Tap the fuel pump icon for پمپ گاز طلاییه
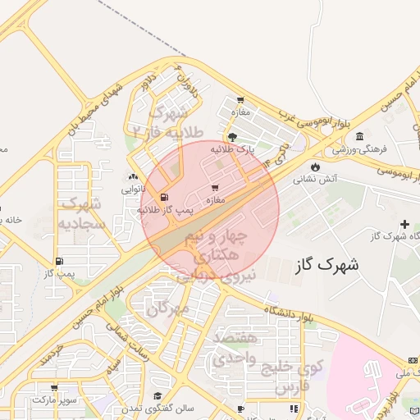point(165,197)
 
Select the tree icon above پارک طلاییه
point(234,137)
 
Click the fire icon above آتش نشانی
point(315,167)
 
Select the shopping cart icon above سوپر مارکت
point(54,388)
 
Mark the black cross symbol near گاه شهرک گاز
point(404,224)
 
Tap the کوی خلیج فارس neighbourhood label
point(293,375)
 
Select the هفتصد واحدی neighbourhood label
point(235,349)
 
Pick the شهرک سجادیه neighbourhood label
point(81,212)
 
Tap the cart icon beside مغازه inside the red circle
point(215,188)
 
